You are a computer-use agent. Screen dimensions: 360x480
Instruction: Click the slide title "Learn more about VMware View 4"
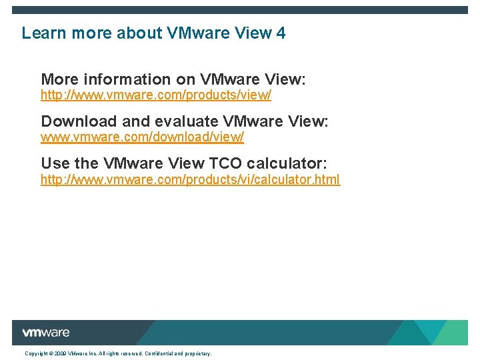(x=153, y=33)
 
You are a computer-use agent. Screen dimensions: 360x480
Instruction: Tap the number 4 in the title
(x=280, y=33)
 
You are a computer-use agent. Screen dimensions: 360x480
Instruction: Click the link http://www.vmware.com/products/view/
(x=156, y=95)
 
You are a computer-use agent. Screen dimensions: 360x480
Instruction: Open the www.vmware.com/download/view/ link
(x=142, y=137)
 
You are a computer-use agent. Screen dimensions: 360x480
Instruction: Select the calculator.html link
(x=190, y=179)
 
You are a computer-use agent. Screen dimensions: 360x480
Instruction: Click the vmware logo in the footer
(x=45, y=333)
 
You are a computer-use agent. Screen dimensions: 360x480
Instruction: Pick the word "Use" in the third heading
(x=54, y=163)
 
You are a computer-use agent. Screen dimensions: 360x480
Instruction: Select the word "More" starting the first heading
(x=59, y=80)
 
